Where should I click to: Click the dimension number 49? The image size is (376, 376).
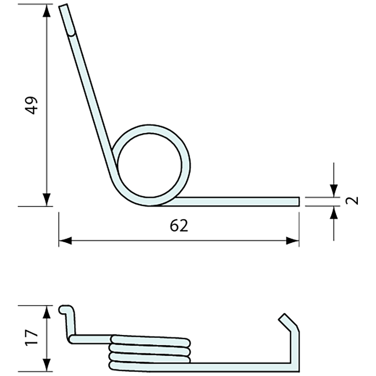(x=32, y=105)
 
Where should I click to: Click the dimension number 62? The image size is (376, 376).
(x=179, y=226)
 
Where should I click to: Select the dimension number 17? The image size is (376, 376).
(x=32, y=338)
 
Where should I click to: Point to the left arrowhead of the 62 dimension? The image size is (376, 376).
(x=65, y=241)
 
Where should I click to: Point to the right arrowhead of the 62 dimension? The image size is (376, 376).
(x=292, y=241)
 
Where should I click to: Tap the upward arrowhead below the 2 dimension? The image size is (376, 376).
(x=334, y=213)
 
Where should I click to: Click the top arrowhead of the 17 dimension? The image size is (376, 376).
(x=47, y=311)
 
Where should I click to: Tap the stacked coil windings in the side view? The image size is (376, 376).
(x=150, y=352)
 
